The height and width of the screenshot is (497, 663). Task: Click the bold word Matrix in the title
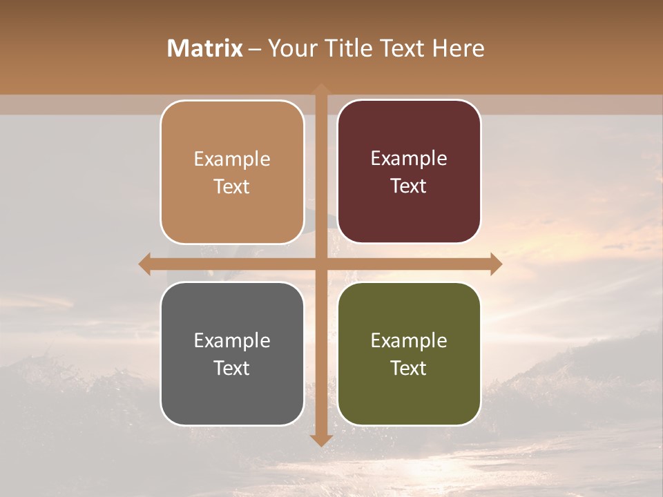click(205, 48)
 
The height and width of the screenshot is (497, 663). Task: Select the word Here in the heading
click(458, 48)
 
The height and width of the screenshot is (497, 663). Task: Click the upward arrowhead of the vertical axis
click(321, 88)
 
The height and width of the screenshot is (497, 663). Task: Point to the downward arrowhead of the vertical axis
click(321, 440)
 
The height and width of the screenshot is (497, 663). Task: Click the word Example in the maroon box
click(409, 159)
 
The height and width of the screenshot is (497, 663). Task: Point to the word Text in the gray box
click(232, 368)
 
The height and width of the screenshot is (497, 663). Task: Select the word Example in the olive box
click(409, 340)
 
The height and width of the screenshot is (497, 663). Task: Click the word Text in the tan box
click(232, 186)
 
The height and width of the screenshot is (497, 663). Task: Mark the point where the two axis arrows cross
click(321, 264)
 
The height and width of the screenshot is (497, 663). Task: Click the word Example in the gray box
click(232, 340)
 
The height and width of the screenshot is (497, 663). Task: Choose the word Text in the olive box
click(409, 368)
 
